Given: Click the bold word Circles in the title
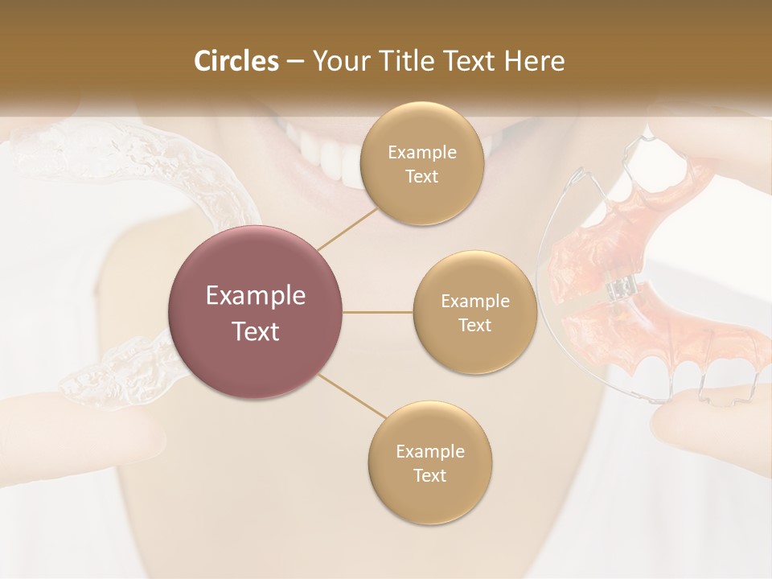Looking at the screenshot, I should (236, 60).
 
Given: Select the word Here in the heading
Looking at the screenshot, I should (534, 60).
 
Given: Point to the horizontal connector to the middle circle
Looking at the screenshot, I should (377, 312).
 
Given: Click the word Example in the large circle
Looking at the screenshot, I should (255, 296).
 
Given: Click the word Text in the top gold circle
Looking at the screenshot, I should (421, 176).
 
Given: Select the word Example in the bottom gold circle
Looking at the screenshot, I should (429, 451).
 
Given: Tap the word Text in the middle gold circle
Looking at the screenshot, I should (474, 325).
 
